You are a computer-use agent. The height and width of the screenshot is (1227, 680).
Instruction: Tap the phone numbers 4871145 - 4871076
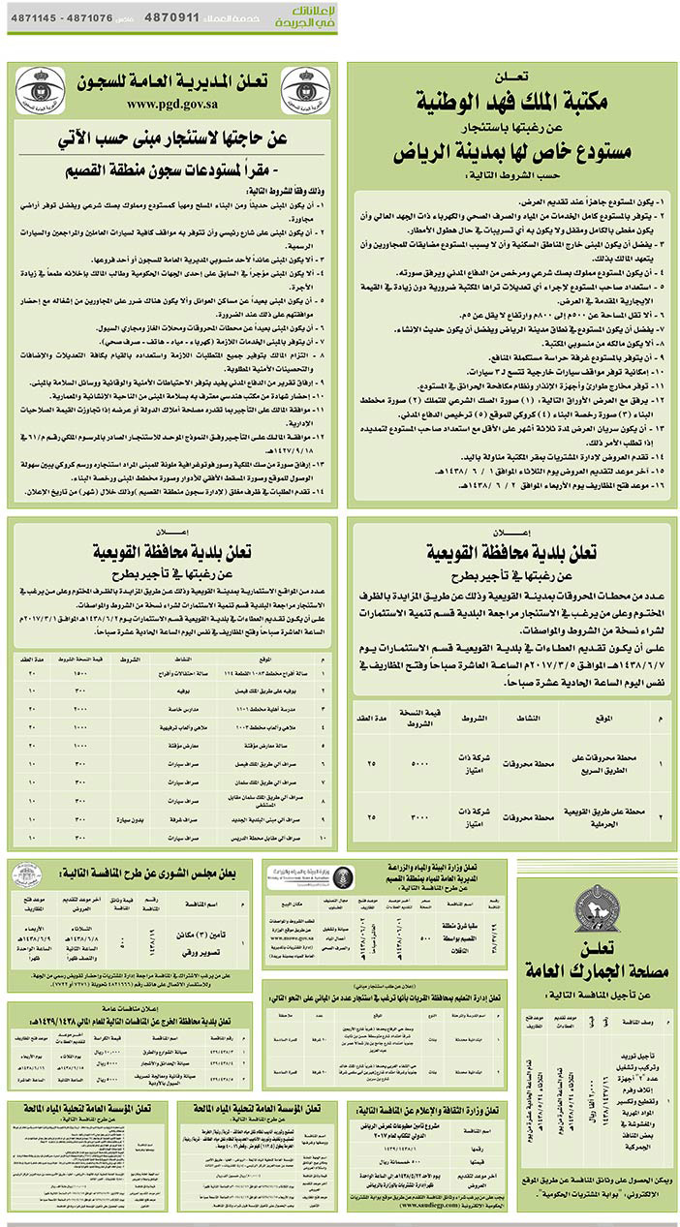click(61, 18)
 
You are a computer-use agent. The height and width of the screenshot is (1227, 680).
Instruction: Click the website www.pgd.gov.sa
click(170, 104)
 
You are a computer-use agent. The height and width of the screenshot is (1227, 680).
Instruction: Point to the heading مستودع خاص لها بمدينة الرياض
click(510, 151)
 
